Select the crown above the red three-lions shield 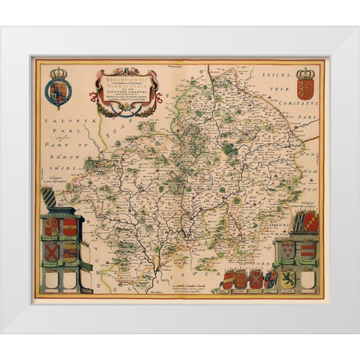[305, 74]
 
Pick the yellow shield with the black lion [269, 280]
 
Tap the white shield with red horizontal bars [307, 250]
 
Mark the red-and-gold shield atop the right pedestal [308, 221]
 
